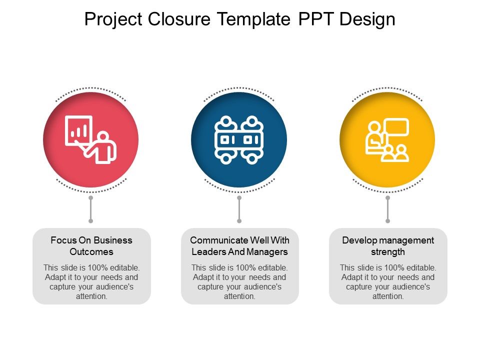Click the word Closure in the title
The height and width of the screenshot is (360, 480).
click(179, 19)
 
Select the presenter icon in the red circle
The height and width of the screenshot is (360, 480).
click(90, 139)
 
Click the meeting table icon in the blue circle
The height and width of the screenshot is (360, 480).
click(239, 139)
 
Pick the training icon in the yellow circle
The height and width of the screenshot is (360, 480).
click(387, 140)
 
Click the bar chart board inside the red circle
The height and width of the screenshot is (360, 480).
click(78, 130)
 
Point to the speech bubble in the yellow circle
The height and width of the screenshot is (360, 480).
click(396, 126)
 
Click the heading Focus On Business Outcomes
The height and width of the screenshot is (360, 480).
click(91, 246)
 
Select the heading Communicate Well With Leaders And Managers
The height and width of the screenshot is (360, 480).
click(239, 246)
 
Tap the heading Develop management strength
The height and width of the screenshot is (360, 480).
click(388, 246)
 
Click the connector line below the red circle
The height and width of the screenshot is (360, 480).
click(90, 209)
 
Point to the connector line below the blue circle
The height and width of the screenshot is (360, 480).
click(239, 209)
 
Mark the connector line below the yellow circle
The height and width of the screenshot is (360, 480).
click(387, 209)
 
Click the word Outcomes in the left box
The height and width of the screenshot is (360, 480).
click(91, 251)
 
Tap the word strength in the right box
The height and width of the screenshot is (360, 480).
click(388, 252)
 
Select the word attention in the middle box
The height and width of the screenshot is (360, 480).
click(239, 296)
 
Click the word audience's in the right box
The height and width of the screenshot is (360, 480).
click(414, 287)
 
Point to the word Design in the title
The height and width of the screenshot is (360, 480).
click(367, 19)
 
